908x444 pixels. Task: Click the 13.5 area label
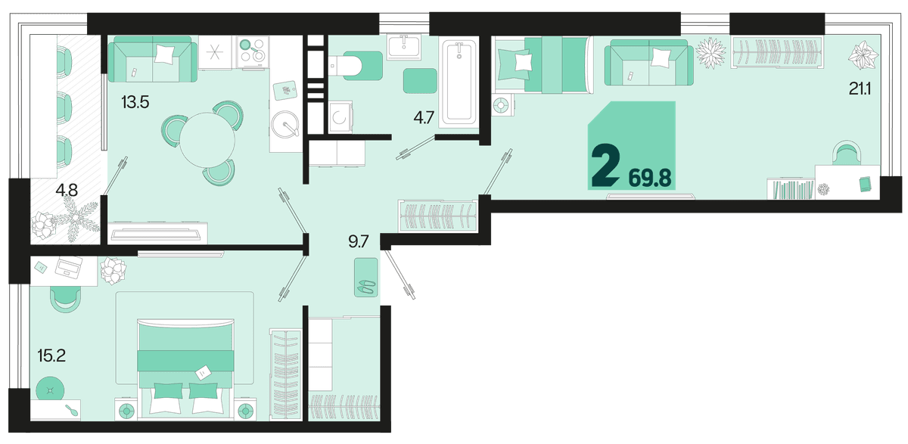pos(135,103)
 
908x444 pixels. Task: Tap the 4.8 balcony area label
pos(67,190)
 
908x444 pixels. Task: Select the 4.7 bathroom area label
pos(424,118)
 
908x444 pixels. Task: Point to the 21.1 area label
pos(860,88)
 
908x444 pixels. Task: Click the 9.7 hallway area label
pos(359,242)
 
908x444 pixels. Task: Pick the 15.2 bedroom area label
pos(51,356)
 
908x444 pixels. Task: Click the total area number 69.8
pos(650,179)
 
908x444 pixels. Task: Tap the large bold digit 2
pos(605,166)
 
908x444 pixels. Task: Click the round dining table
pos(207,140)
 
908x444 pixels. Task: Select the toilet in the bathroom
pos(354,66)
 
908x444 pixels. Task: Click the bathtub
pos(459,83)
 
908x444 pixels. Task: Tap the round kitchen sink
pos(285,124)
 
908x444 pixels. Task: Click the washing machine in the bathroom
pos(340,117)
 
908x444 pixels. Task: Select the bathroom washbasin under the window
pos(404,47)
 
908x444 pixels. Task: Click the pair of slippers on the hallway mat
pos(366,287)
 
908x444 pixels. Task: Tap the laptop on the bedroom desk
pos(69,267)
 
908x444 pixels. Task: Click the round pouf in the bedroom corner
pos(50,390)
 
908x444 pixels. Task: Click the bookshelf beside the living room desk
pos(791,189)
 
